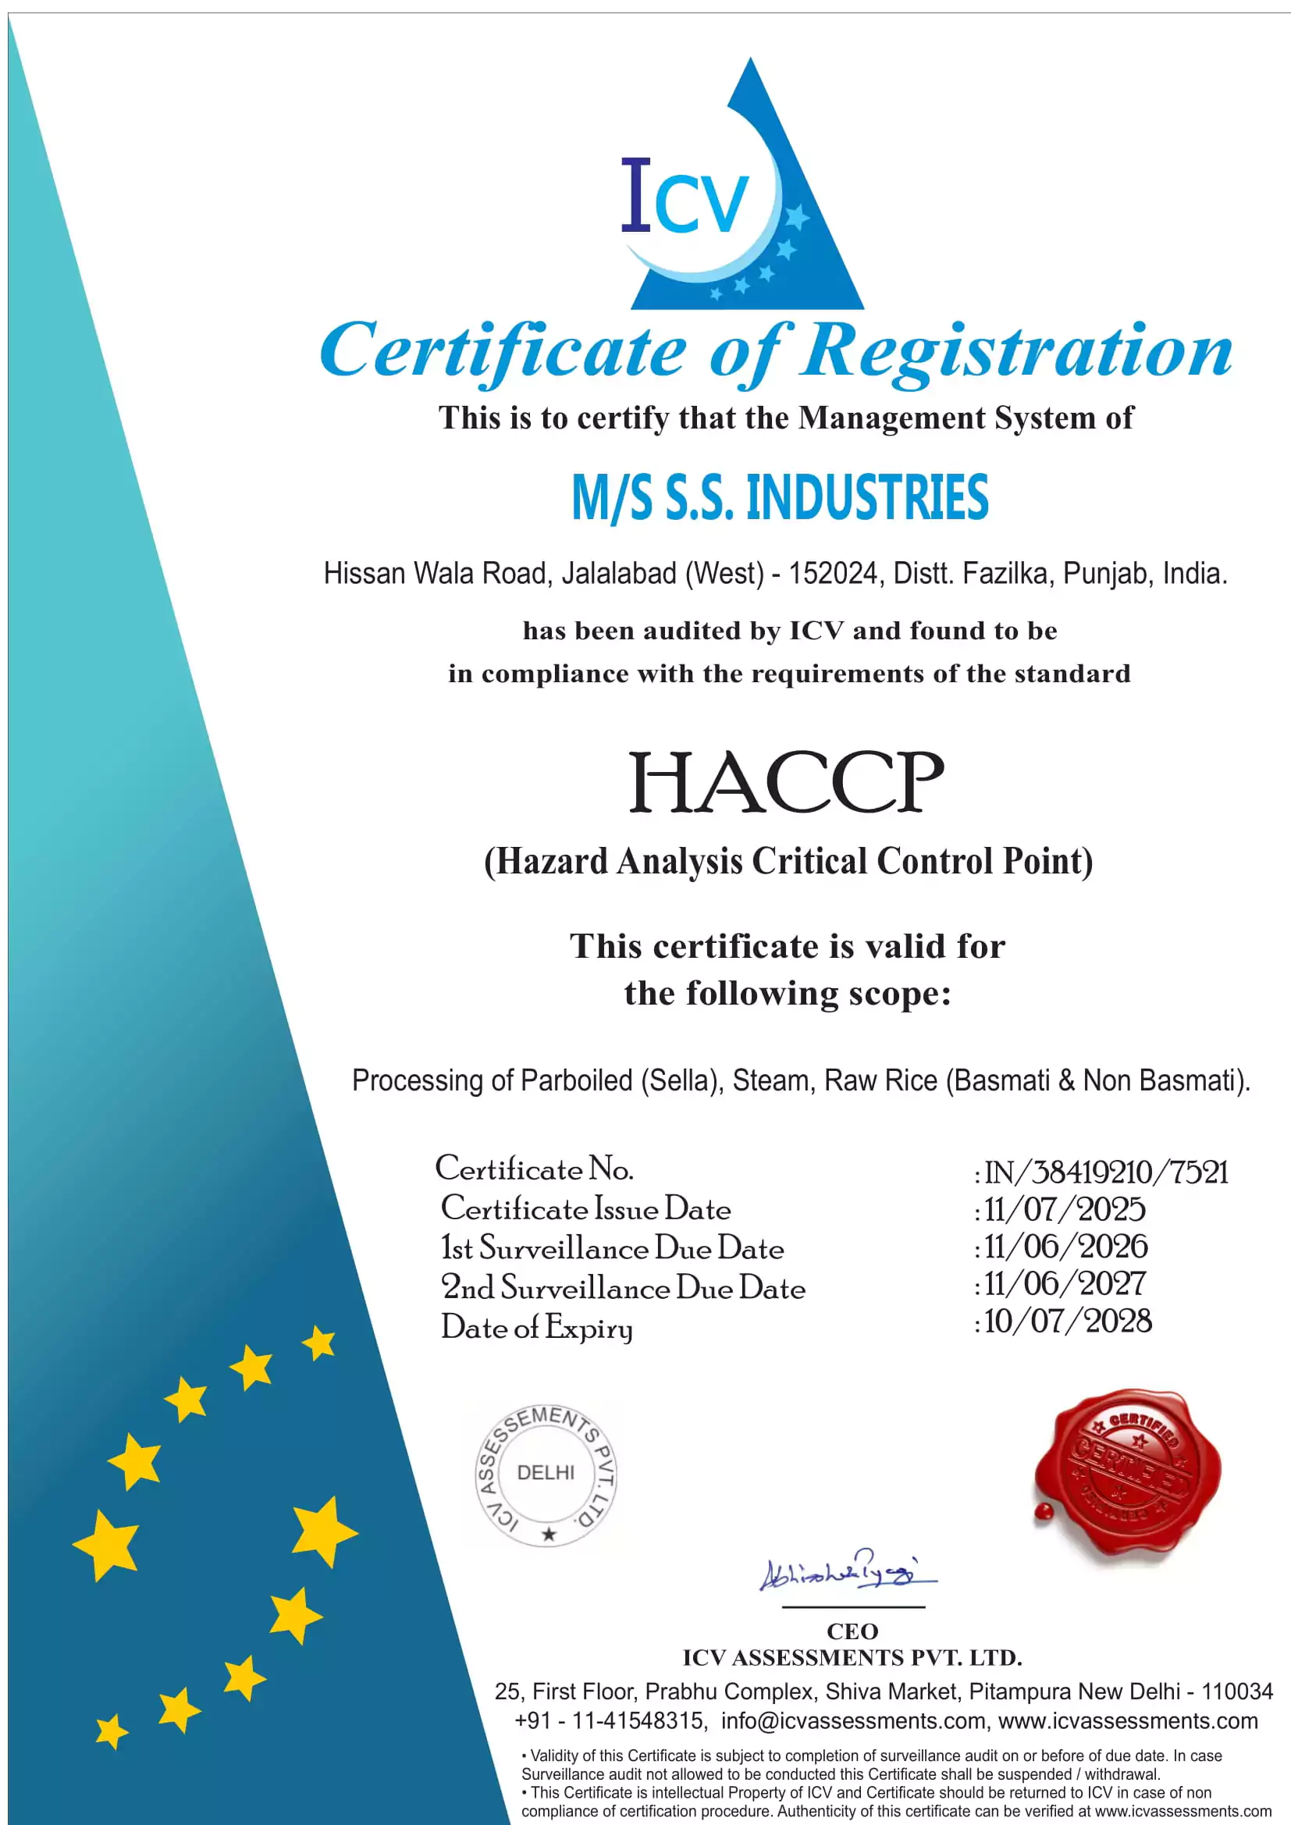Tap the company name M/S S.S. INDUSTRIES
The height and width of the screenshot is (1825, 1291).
click(x=780, y=497)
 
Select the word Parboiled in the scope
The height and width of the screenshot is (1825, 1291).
click(x=576, y=1081)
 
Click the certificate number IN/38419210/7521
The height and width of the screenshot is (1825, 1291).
click(x=1106, y=1172)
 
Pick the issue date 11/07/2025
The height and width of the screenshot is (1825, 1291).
click(x=1065, y=1210)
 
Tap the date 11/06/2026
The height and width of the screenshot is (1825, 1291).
click(x=1065, y=1247)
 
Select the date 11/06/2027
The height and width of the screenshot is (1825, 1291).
click(x=1065, y=1284)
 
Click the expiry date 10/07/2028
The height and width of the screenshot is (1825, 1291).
click(x=1068, y=1321)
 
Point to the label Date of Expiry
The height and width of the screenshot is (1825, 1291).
click(x=537, y=1329)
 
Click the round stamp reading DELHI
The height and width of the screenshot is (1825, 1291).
click(x=546, y=1475)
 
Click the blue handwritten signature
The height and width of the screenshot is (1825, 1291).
click(x=848, y=1571)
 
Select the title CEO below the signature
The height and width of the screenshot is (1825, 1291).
click(x=852, y=1631)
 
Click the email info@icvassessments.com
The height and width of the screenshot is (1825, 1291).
click(x=853, y=1721)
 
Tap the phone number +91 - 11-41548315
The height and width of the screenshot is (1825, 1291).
click(x=610, y=1721)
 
